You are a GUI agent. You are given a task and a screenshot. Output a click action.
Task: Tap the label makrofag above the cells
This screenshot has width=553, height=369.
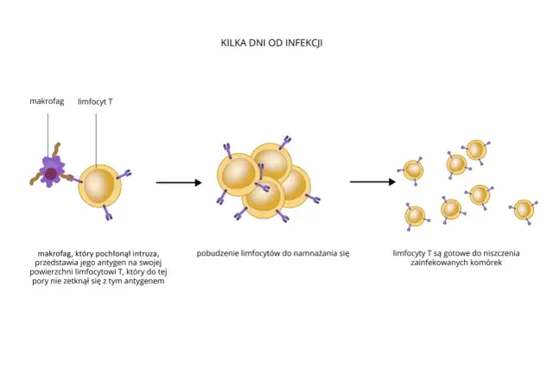coord(48,101)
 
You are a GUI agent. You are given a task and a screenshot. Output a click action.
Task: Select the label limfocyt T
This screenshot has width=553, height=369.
coord(96,101)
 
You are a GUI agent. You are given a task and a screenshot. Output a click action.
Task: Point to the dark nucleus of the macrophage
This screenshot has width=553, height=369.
coord(51,175)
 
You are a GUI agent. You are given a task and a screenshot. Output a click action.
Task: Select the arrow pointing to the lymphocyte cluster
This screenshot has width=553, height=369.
coord(178,182)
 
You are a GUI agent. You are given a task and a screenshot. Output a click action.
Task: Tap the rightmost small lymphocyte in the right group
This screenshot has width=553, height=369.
coord(523,210)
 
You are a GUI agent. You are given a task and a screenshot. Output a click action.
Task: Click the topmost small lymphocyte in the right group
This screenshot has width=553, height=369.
coord(475,149)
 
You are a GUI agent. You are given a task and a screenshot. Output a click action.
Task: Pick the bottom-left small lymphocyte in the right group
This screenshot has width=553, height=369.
coord(415,215)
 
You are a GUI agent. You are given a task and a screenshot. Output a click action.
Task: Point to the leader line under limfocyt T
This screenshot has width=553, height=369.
coord(96,134)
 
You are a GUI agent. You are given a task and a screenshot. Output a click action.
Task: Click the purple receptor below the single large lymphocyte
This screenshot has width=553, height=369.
coord(107,213)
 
